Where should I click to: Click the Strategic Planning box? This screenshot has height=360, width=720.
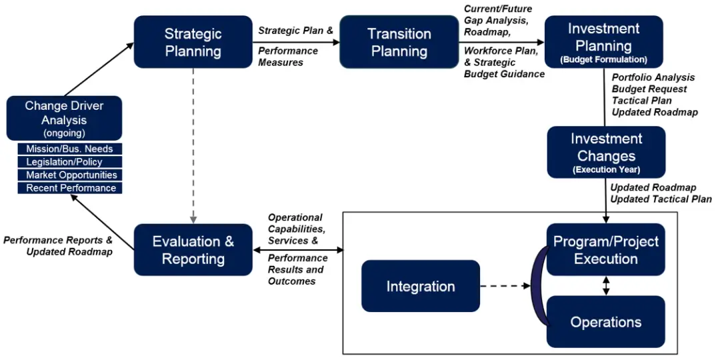click(193, 42)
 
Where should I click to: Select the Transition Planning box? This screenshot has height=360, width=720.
click(399, 42)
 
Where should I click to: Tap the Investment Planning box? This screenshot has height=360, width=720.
click(603, 41)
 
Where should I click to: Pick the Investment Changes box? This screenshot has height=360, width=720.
click(606, 152)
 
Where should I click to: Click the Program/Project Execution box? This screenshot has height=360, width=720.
click(605, 249)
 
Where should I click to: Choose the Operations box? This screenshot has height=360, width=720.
click(605, 322)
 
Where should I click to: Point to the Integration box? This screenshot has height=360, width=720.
click(421, 287)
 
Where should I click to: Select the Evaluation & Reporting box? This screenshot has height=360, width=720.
click(193, 249)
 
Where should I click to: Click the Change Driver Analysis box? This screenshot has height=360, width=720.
click(64, 117)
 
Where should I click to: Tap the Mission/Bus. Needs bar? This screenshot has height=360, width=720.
click(70, 149)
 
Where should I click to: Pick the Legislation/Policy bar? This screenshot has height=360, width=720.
click(70, 162)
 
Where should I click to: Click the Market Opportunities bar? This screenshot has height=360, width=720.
click(70, 175)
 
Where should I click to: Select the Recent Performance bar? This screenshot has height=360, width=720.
click(70, 188)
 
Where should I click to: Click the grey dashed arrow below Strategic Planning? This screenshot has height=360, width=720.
click(193, 143)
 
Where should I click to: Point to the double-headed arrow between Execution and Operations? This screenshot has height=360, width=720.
click(605, 285)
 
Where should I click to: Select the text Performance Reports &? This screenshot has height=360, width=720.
click(58, 239)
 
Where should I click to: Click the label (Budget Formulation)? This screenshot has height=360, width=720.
click(603, 59)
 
